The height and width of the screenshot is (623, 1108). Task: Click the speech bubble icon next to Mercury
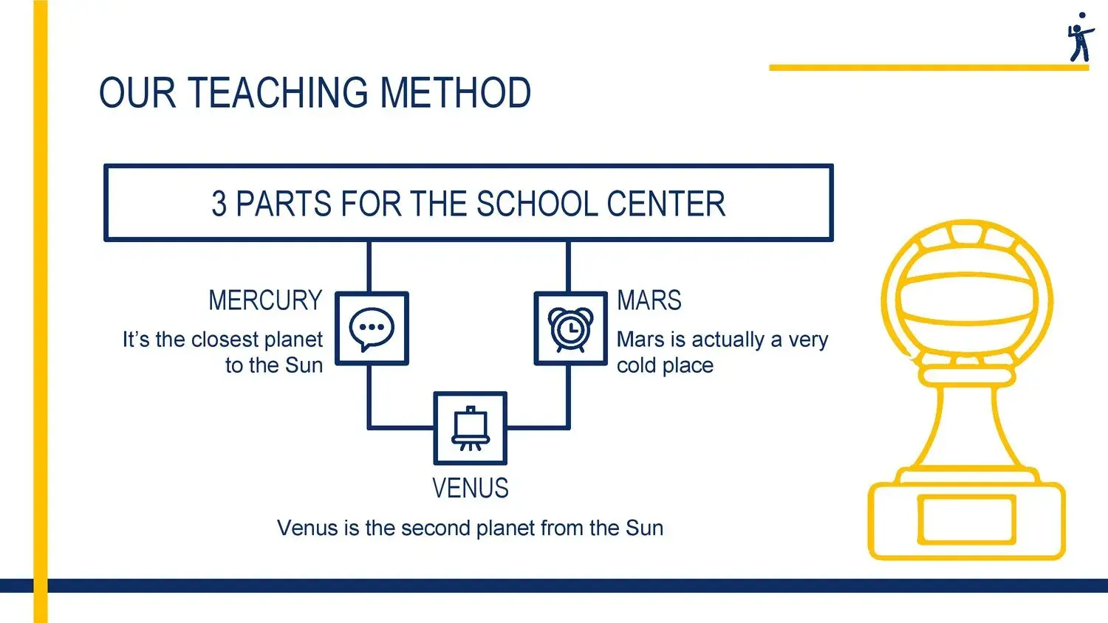coord(372,329)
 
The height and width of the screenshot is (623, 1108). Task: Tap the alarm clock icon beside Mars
coord(570,329)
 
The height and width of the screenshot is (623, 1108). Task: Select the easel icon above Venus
coord(471,428)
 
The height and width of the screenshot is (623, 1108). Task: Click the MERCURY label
coord(265,300)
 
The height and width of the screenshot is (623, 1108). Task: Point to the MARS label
coord(649,300)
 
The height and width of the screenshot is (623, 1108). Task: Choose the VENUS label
coord(471,488)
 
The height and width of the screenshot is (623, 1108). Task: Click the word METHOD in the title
coord(455,92)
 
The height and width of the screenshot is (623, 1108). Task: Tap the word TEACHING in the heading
coord(278,92)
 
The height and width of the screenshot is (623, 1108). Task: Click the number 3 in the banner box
coord(219,203)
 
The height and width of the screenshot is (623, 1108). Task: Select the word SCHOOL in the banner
coord(537,203)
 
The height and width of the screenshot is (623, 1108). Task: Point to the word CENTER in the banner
coord(666,203)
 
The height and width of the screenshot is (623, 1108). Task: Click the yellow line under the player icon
coord(929,68)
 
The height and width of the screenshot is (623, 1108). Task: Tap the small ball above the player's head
coord(1082,16)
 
